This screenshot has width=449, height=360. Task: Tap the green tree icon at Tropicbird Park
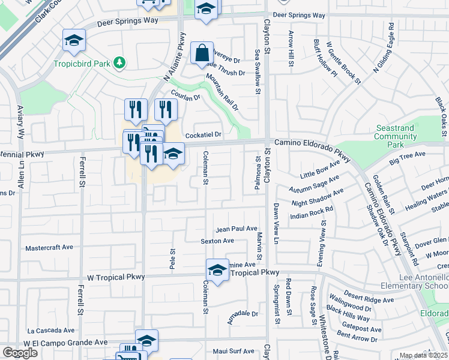click(120, 62)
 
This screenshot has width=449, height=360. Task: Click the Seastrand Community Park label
click(395, 136)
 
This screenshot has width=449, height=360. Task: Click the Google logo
click(20, 353)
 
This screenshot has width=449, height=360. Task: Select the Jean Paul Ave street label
click(237, 229)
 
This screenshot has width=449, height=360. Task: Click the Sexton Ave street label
click(217, 241)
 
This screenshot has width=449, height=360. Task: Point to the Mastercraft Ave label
click(49, 247)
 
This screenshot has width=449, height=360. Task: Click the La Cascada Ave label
click(51, 330)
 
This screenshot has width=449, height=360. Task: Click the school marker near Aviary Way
click(74, 40)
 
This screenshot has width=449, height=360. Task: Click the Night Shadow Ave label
click(318, 199)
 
